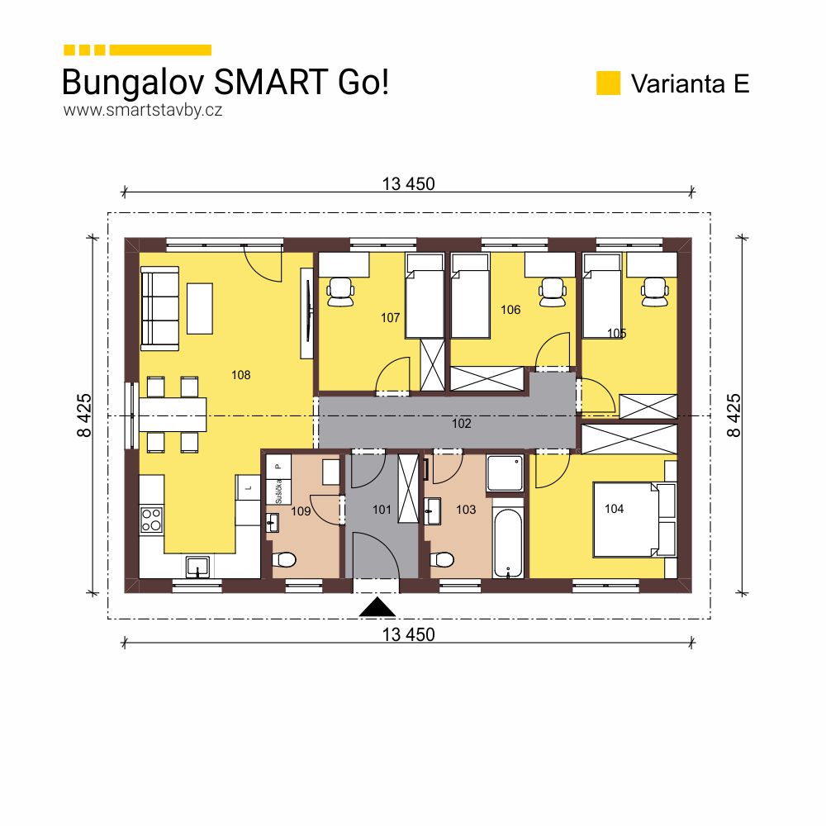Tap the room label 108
240,375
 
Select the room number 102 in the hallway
461,424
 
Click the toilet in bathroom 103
444,561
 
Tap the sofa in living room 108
159,307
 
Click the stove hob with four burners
151,519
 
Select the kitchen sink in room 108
197,567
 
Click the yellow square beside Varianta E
608,83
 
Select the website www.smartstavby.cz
142,110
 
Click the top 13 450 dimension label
408,184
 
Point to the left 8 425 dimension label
86,415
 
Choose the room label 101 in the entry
382,510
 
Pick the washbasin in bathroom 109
273,522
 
